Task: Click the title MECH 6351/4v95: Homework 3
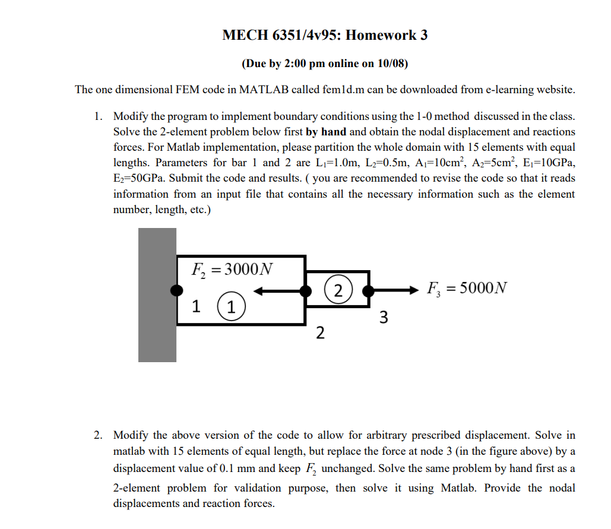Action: [325, 35]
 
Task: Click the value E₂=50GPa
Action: [140, 178]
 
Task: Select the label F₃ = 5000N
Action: [467, 289]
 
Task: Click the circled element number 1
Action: [231, 308]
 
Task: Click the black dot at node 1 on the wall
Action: [176, 290]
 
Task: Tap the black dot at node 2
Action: [306, 290]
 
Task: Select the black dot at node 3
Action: [369, 290]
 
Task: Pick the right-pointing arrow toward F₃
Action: [395, 290]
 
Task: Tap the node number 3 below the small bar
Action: [383, 318]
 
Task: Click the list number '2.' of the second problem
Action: [99, 436]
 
